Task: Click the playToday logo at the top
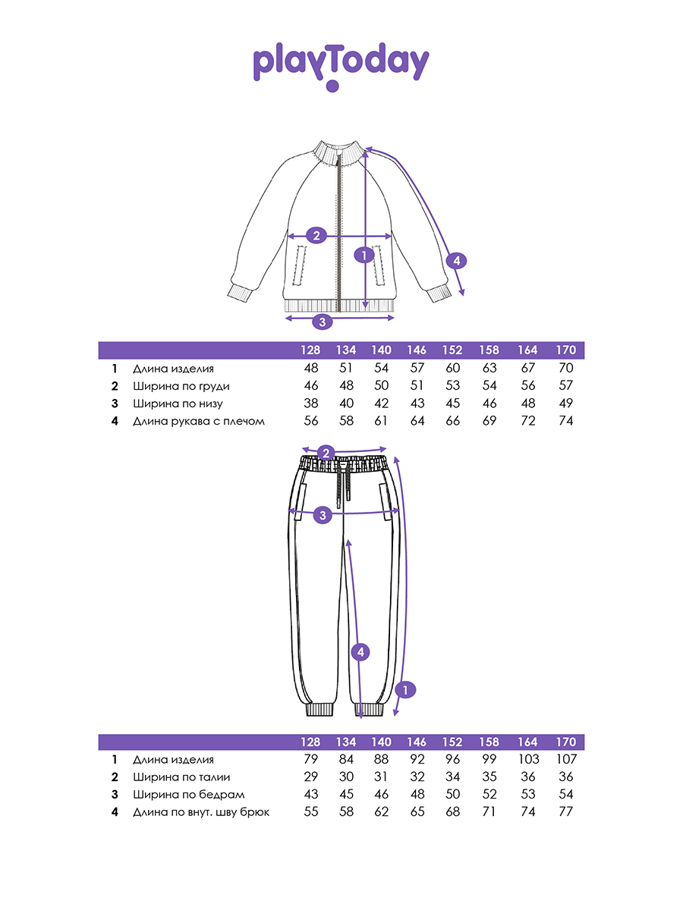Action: point(341,66)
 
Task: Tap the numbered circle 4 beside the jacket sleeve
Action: point(457,261)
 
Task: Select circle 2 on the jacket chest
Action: point(316,236)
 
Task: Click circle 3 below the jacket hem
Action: point(323,322)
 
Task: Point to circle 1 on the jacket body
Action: point(364,255)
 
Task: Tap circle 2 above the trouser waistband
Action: point(326,453)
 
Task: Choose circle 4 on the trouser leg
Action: point(360,652)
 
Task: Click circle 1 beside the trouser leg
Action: point(405,690)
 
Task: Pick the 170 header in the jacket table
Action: point(566,350)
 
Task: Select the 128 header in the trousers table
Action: point(310,742)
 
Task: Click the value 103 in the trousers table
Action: point(528,759)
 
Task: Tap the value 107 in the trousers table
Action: point(566,759)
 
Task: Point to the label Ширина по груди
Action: point(181,387)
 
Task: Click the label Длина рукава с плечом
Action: point(199,421)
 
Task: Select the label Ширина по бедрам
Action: point(189,795)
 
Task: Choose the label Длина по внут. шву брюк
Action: point(201,812)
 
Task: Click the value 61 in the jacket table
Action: point(381,421)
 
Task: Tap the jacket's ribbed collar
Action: point(338,152)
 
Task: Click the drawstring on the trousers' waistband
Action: point(343,480)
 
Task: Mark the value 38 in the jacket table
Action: point(311,403)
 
